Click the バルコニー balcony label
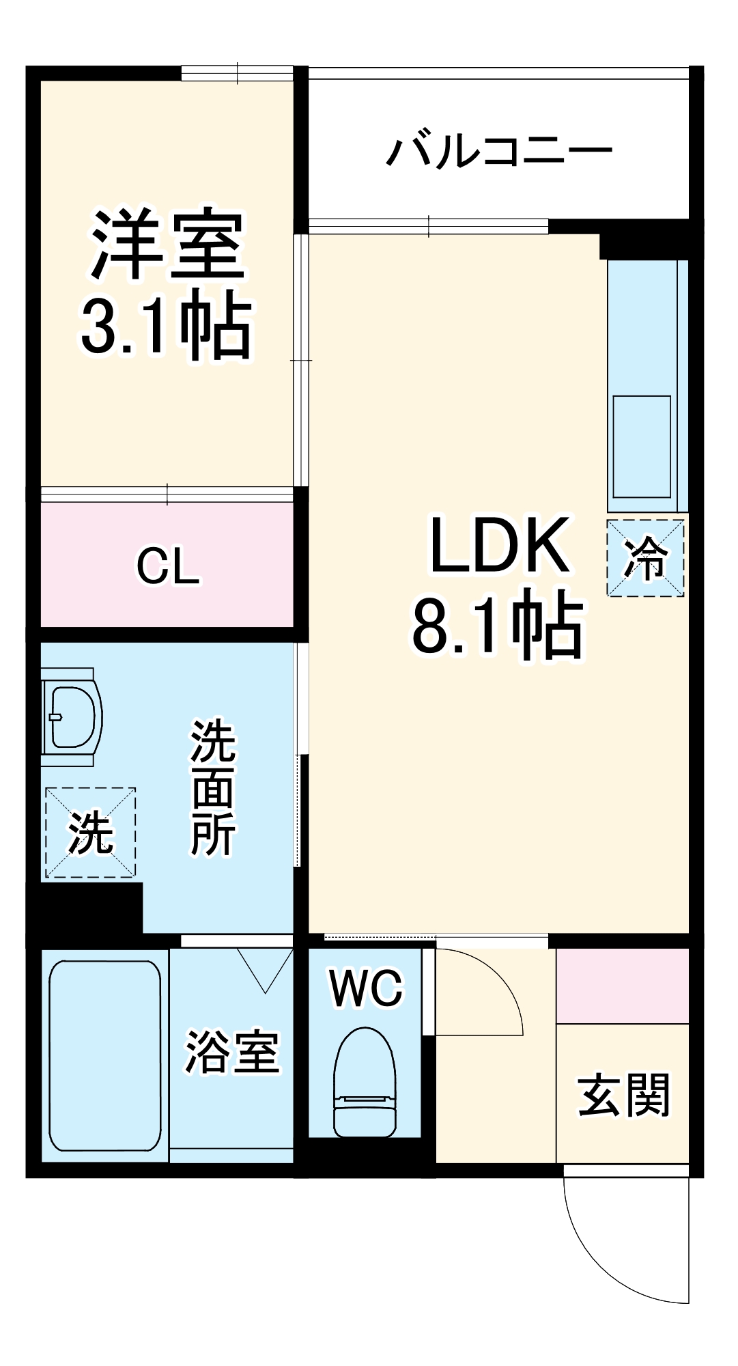pyautogui.click(x=499, y=152)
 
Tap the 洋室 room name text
pyautogui.click(x=167, y=244)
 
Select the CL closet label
pyautogui.click(x=168, y=566)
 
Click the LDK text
pyautogui.click(x=499, y=546)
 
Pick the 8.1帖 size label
pyautogui.click(x=499, y=624)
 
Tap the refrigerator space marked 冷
pyautogui.click(x=645, y=558)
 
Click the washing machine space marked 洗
pyautogui.click(x=90, y=833)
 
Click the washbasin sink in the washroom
pyautogui.click(x=72, y=716)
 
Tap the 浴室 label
pyautogui.click(x=232, y=1053)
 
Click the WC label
pyautogui.click(x=367, y=988)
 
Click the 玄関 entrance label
pyautogui.click(x=623, y=1096)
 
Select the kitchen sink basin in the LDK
pyautogui.click(x=642, y=447)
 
